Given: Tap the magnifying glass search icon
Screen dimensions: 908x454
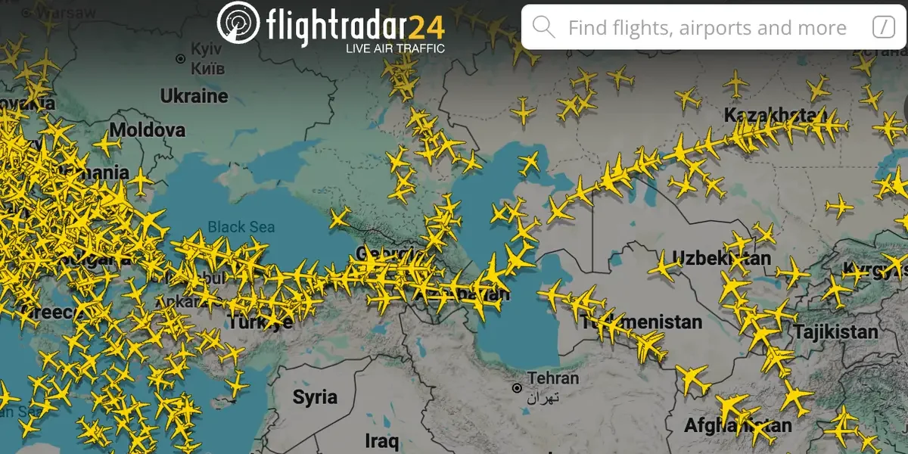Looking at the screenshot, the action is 544,28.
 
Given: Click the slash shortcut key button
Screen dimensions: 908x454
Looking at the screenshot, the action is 883,28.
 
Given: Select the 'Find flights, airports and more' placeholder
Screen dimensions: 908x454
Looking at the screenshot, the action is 707,29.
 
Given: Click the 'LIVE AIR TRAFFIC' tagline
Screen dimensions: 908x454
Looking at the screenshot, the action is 395,48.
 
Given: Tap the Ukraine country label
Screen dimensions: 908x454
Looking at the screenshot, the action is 194,96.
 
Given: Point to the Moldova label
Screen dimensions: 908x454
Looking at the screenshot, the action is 148,130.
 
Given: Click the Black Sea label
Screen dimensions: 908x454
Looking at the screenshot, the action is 241,226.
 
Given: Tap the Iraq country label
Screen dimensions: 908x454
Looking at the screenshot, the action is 381,440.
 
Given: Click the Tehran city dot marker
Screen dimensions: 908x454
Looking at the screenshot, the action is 517,388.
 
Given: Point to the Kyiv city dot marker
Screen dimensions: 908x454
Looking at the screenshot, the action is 180,58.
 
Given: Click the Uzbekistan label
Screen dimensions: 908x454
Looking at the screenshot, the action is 721,258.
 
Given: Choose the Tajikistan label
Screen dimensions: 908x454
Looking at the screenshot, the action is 835,331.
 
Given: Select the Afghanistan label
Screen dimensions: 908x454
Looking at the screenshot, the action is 738,425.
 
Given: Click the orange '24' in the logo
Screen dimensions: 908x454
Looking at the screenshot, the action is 428,27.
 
